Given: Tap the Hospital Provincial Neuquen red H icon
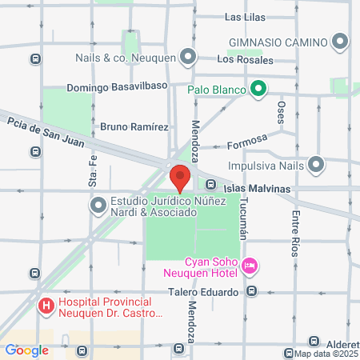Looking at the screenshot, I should tap(46, 306).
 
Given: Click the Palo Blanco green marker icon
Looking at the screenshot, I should tap(258, 89).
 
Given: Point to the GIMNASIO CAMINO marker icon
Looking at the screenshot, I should tap(342, 42).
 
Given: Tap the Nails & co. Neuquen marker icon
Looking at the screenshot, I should tap(188, 56).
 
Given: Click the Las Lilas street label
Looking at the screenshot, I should tap(245, 17).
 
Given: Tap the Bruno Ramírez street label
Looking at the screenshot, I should tap(134, 126).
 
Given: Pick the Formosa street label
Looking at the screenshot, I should tap(246, 143).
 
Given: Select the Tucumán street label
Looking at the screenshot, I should tap(245, 223).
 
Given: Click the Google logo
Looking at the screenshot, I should tap(26, 350).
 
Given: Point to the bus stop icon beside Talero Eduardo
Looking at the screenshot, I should tap(251, 292).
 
